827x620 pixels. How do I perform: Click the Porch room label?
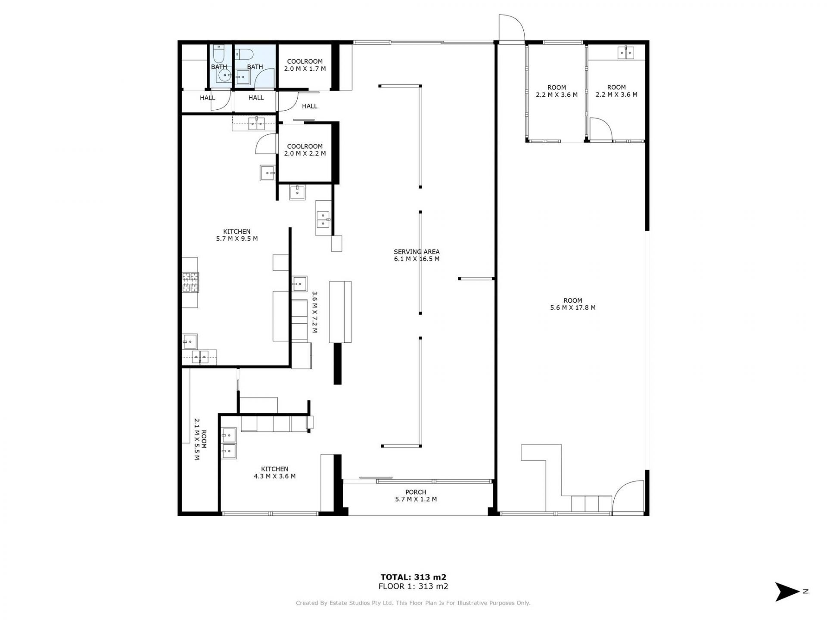(x=416, y=496)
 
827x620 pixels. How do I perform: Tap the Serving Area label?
(x=417, y=255)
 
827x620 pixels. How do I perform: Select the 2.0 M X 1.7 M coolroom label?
(x=305, y=65)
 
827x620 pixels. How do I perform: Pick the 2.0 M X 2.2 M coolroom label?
(x=305, y=150)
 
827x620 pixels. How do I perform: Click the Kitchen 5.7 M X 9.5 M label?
(x=237, y=235)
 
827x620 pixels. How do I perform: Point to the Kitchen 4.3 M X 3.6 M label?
(x=274, y=473)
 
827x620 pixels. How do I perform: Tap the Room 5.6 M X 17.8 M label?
(x=573, y=304)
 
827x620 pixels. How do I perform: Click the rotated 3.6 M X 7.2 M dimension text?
(x=314, y=313)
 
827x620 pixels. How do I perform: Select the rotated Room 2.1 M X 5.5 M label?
(x=200, y=439)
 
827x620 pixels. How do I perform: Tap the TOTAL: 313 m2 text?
(x=413, y=577)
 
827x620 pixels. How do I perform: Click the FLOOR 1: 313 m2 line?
(x=413, y=586)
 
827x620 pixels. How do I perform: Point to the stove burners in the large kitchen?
(x=190, y=282)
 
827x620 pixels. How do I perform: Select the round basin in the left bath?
(x=224, y=76)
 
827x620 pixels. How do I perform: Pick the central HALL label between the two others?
(x=256, y=98)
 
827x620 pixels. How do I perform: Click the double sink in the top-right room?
(x=626, y=53)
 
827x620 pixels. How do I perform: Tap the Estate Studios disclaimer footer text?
(x=413, y=603)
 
